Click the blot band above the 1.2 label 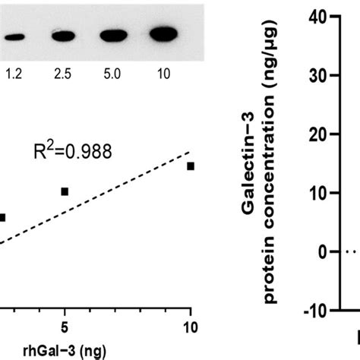(x=14, y=36)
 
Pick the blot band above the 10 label (x=164, y=33)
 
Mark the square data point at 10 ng (x=191, y=166)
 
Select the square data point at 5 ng (x=65, y=191)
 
